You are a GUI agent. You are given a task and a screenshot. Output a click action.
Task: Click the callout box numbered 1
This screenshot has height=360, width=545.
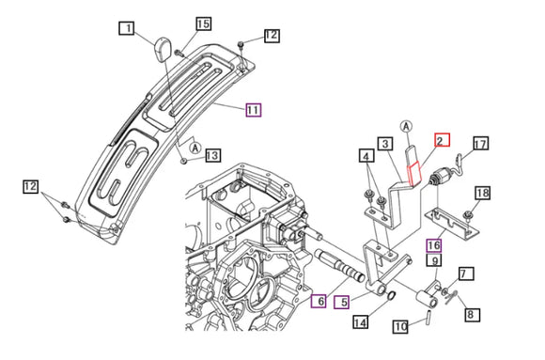tap(127, 28)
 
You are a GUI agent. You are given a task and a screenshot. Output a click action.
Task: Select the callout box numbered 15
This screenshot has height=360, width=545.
tap(203, 23)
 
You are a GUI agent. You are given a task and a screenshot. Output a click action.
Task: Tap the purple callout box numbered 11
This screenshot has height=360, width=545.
tap(254, 110)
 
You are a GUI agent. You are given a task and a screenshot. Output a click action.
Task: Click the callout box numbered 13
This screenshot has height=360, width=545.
tap(212, 155)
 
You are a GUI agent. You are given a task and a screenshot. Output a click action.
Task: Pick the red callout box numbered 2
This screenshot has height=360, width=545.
tap(443, 140)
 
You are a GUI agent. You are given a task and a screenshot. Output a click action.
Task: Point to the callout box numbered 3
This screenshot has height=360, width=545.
tap(385, 143)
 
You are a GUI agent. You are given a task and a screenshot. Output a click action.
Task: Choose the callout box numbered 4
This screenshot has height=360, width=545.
tap(366, 156)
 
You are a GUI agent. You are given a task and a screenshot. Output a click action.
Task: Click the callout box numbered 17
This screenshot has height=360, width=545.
tap(481, 143)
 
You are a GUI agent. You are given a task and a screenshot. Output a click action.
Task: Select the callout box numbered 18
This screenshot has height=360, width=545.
tap(482, 193)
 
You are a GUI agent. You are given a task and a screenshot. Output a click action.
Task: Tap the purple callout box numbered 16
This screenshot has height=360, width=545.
tap(434, 245)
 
